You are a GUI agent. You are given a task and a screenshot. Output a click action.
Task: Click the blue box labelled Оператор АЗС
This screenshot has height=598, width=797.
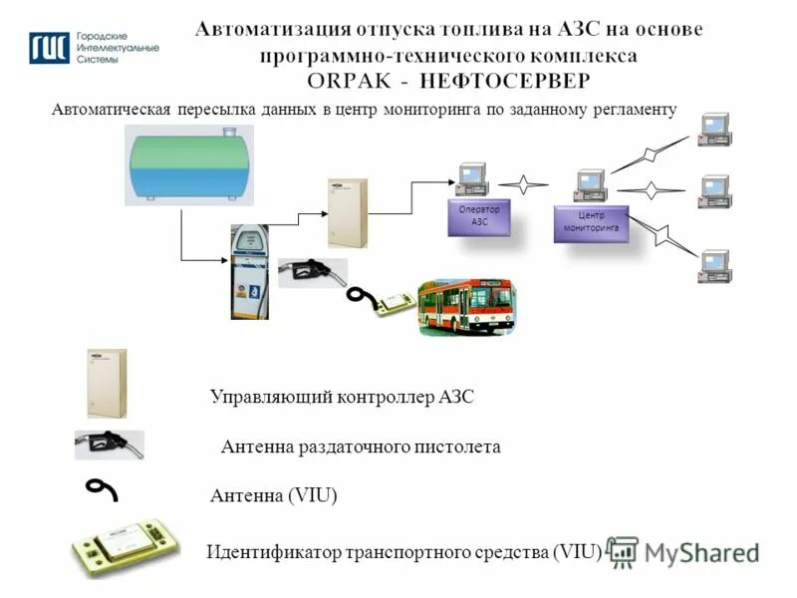coord(479,218)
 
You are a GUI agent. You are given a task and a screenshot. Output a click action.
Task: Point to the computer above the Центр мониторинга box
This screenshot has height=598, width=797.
coord(591,183)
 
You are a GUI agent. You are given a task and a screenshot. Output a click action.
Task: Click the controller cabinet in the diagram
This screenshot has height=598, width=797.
coord(348,212)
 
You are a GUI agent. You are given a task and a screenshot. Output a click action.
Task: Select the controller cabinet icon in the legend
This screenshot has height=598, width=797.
coord(107,383)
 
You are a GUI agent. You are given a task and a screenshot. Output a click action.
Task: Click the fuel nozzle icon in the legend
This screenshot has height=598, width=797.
coord(110,445)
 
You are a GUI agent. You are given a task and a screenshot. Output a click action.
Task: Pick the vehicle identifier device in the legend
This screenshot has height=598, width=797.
coord(126,547)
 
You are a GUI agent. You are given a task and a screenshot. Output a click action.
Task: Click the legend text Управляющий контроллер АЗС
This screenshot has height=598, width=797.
coord(342,398)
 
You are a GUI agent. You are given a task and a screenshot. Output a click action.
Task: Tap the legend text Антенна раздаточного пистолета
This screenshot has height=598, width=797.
coord(360,448)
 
